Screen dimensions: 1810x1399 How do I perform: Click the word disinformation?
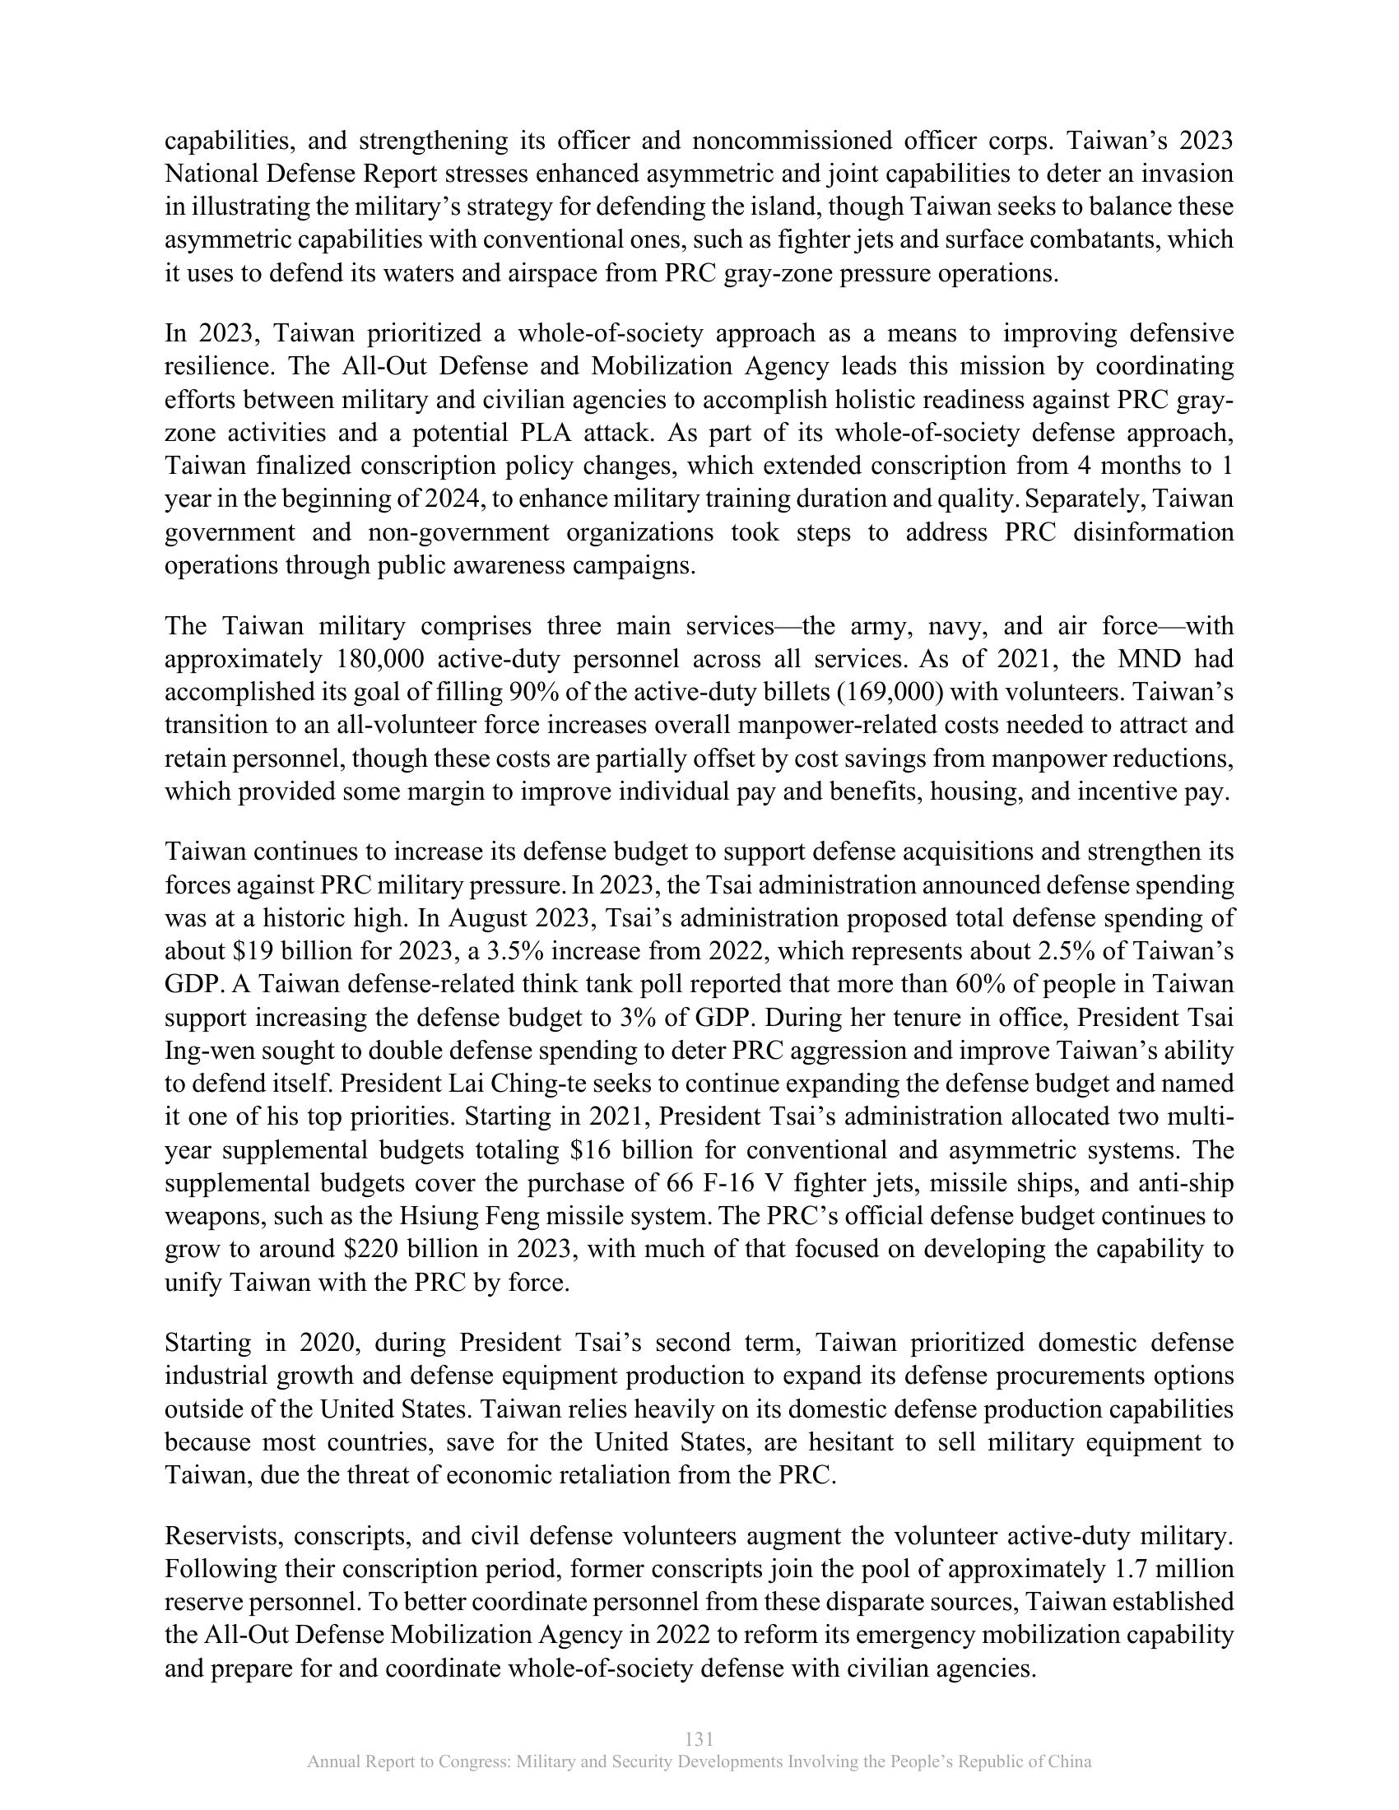pos(1153,532)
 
